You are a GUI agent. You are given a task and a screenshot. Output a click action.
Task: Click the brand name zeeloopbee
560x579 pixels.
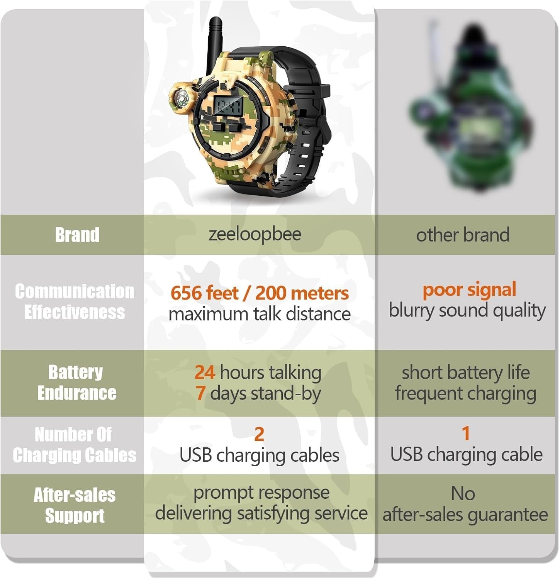point(255,234)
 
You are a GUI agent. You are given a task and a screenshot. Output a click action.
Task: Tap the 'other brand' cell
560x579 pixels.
point(463,235)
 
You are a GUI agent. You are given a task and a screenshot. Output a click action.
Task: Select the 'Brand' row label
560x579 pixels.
point(77,235)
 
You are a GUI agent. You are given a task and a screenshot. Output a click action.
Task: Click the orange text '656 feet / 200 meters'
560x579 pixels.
point(260,293)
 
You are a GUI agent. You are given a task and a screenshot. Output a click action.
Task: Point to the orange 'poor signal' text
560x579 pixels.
point(469,290)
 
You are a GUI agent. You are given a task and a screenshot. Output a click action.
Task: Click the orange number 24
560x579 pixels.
point(205,372)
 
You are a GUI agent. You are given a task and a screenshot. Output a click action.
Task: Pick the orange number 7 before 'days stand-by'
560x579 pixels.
point(200,393)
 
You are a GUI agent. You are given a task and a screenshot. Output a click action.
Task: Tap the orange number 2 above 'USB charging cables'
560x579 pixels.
point(259,434)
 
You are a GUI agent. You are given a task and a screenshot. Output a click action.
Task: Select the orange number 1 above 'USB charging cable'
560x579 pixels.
point(466,433)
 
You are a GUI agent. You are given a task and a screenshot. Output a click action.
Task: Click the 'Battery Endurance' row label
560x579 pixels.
point(76,383)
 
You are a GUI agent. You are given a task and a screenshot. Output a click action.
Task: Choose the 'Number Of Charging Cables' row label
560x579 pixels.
point(74,445)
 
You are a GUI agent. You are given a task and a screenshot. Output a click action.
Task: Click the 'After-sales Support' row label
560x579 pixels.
point(75,505)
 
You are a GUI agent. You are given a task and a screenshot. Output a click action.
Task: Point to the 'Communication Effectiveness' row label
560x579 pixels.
point(75,301)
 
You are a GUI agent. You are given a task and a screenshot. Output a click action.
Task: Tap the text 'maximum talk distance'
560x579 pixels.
point(260,314)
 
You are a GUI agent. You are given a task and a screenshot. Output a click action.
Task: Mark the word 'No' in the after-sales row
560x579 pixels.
point(463,494)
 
